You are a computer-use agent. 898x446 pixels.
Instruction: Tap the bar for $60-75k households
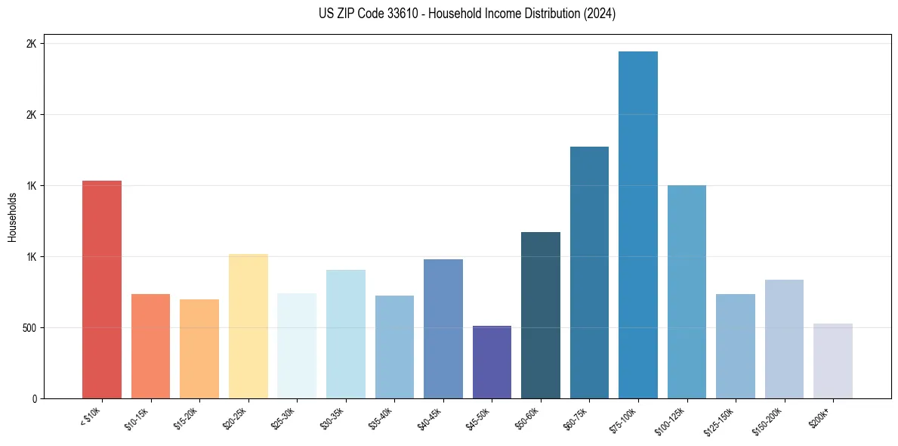589,272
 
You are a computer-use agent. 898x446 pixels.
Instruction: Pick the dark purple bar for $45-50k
492,362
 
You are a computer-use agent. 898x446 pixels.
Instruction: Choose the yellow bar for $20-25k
248,326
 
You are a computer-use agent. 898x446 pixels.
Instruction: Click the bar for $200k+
832,361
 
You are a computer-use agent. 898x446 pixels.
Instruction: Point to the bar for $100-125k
687,292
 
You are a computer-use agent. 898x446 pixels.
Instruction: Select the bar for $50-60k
541,315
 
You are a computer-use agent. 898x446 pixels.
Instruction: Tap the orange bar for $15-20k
199,348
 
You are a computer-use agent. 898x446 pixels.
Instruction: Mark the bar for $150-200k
784,339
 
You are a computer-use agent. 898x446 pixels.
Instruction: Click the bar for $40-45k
443,329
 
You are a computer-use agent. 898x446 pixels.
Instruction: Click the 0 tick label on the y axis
35,399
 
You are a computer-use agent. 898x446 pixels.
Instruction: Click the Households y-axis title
12,217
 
